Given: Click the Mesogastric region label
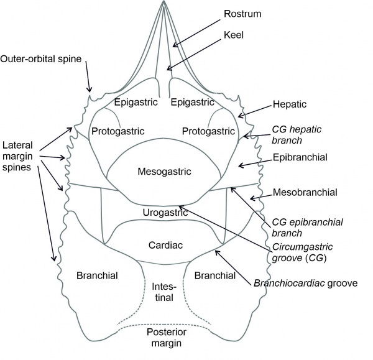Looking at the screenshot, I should (x=165, y=171).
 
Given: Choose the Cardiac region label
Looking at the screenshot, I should (x=165, y=244).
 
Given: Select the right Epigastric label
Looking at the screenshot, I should (x=193, y=101).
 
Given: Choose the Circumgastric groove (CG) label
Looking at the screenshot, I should (x=298, y=252).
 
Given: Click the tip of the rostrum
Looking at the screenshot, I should (x=165, y=2).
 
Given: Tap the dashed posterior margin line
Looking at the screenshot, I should (x=165, y=324).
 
